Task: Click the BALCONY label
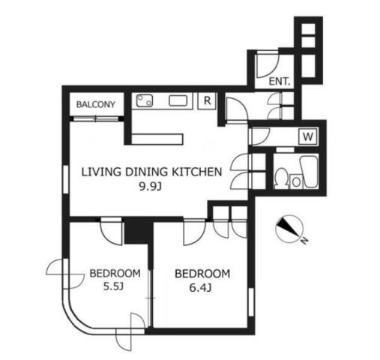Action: [x=96, y=104]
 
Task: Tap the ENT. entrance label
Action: [x=280, y=82]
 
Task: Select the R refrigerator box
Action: [x=207, y=100]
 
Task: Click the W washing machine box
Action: [x=308, y=136]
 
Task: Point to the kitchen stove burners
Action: [x=145, y=100]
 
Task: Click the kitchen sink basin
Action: [x=178, y=100]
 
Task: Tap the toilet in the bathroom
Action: [x=281, y=178]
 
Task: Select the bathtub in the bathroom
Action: [x=309, y=172]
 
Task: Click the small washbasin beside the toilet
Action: [x=296, y=181]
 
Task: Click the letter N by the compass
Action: [x=304, y=241]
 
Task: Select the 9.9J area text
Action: [x=150, y=186]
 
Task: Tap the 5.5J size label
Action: [x=113, y=286]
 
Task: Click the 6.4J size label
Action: [x=200, y=288]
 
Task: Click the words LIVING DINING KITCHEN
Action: [x=151, y=172]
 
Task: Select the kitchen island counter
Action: [x=157, y=139]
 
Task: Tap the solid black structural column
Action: [x=138, y=231]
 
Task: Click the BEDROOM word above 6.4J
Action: [x=202, y=274]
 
